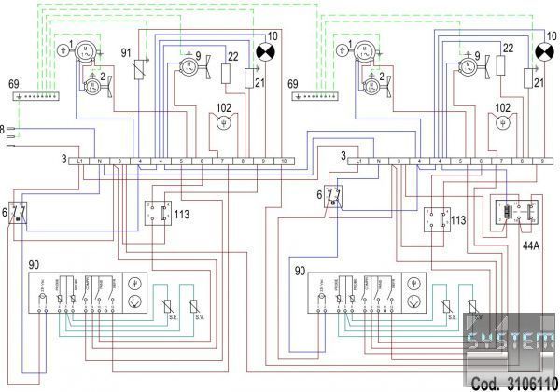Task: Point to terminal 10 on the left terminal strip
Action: coord(284,161)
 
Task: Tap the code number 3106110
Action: coord(524,383)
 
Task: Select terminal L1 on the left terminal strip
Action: coord(81,161)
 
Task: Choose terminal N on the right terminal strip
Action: coord(379,161)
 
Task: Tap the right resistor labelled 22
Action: coord(501,65)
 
